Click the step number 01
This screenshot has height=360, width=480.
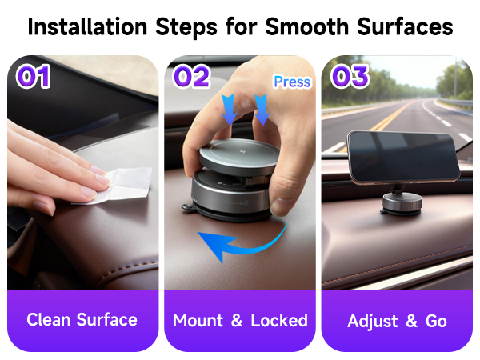[33, 77]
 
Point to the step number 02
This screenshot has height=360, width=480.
[191, 77]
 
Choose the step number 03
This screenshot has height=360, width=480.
[350, 77]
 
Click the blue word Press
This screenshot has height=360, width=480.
[291, 82]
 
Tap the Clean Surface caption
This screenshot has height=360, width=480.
[82, 320]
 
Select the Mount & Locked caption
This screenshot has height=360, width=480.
[240, 320]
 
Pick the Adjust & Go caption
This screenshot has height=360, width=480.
[397, 322]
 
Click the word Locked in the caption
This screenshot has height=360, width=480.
[279, 320]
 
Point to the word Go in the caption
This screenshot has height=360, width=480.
[435, 322]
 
